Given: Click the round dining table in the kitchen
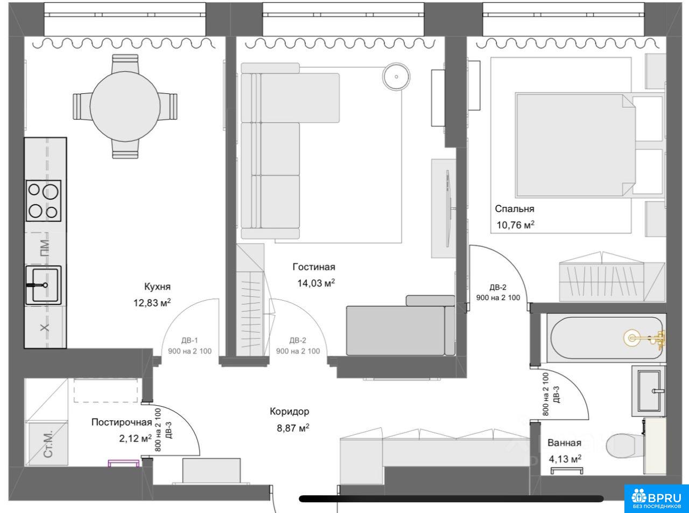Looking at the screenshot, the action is pyautogui.click(x=125, y=106).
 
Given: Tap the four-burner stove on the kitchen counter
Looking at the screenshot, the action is pyautogui.click(x=44, y=200).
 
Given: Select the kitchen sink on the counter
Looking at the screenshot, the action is pyautogui.click(x=44, y=285).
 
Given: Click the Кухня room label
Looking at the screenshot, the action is pyautogui.click(x=157, y=287).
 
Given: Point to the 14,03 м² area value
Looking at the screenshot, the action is pyautogui.click(x=316, y=283).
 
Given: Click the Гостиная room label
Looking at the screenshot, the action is pyautogui.click(x=314, y=267).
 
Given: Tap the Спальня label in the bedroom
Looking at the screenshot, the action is pyautogui.click(x=515, y=209).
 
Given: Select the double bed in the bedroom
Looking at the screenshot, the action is pyautogui.click(x=575, y=145).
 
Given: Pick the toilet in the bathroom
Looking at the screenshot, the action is pyautogui.click(x=625, y=446).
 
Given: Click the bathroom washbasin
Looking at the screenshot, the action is pyautogui.click(x=649, y=391).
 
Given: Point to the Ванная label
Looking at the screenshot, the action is pyautogui.click(x=564, y=443).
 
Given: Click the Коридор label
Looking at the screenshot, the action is pyautogui.click(x=290, y=411).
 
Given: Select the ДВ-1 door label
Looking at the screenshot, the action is pyautogui.click(x=189, y=341).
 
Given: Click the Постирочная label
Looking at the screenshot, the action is pyautogui.click(x=122, y=422).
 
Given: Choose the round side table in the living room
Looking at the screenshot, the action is pyautogui.click(x=396, y=77).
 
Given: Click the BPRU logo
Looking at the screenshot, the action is pyautogui.click(x=657, y=498).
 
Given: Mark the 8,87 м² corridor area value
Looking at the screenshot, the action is pyautogui.click(x=293, y=428).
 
